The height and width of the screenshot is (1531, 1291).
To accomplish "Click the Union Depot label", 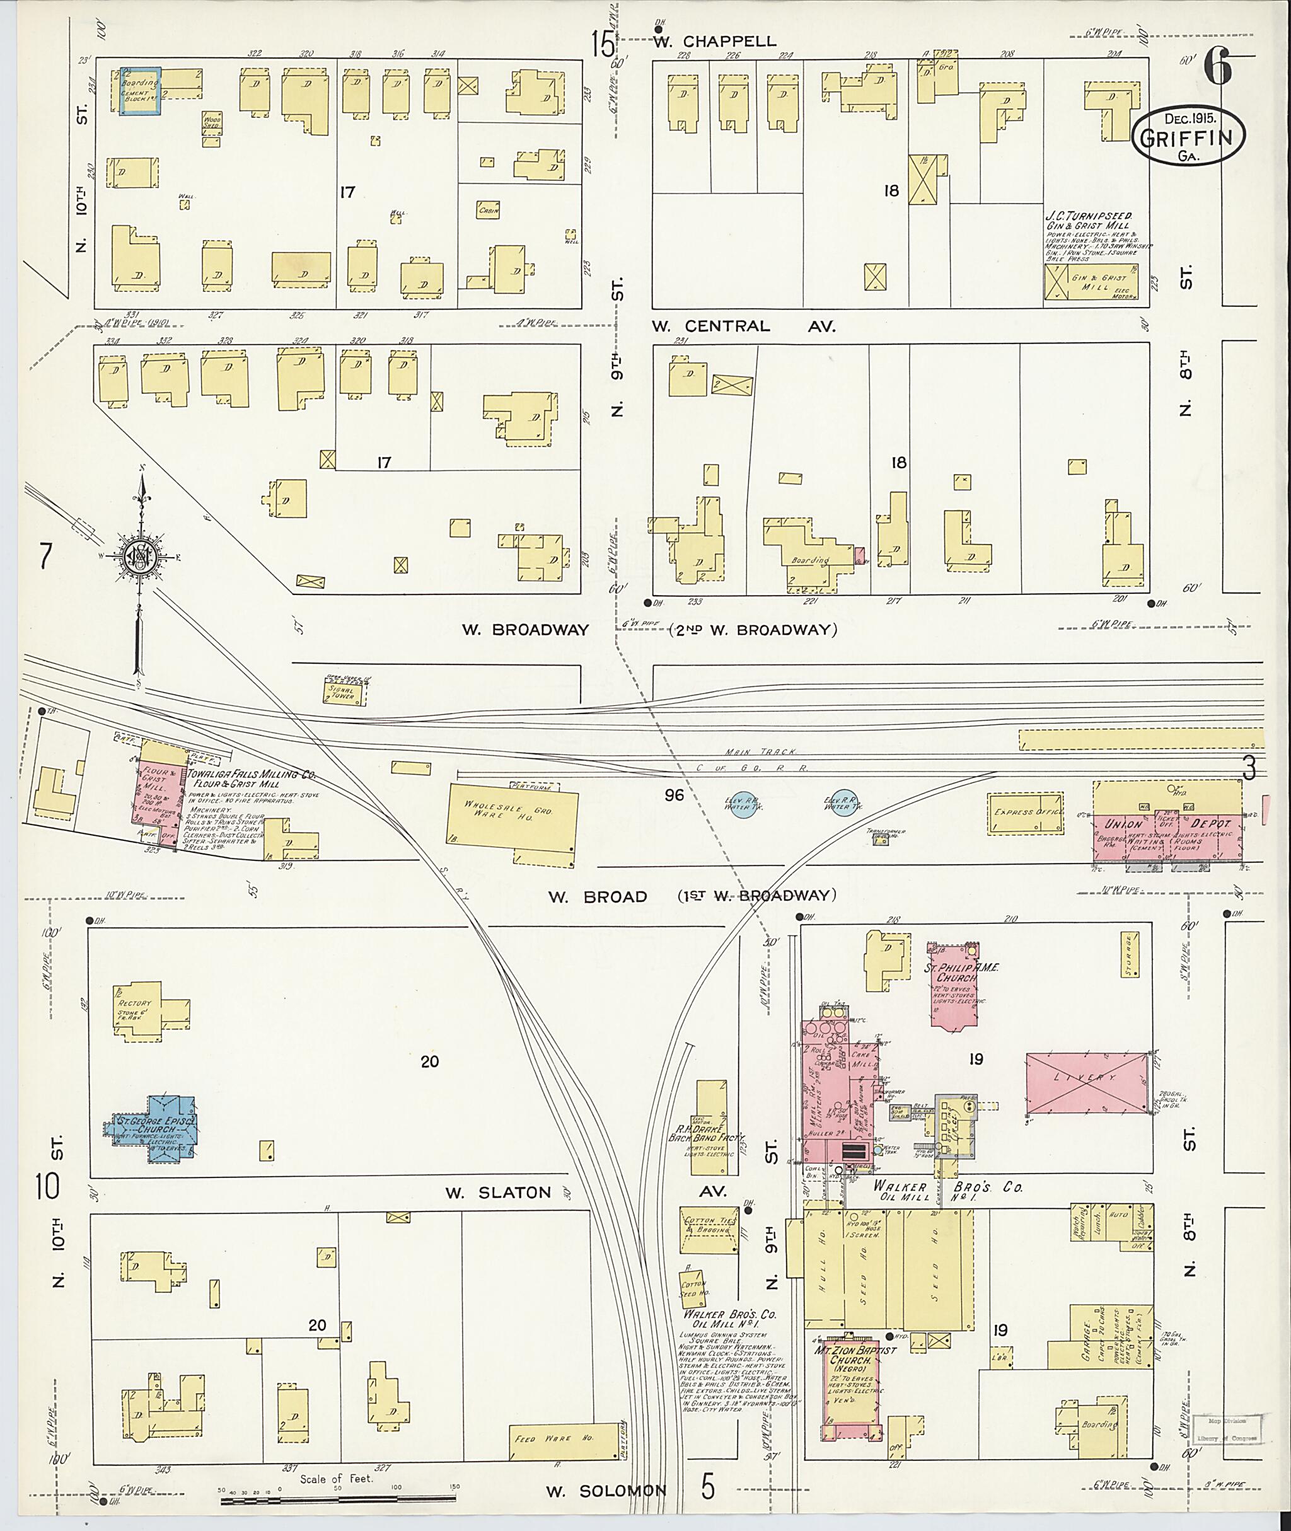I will tap(1167, 824).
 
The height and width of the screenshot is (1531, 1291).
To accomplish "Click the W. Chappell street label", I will tap(714, 42).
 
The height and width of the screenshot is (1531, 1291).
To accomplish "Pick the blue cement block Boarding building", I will tap(140, 91).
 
